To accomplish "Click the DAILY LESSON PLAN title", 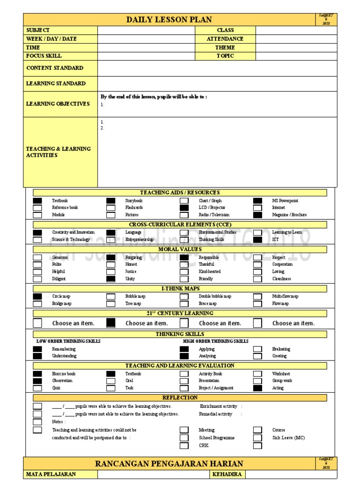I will coord(169,20).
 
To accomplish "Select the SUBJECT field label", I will coord(38,30).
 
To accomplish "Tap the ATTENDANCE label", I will coord(225,39).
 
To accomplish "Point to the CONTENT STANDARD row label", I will coord(55,68).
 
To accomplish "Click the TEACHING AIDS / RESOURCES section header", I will coord(180,193).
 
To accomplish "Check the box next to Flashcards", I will coord(111,208).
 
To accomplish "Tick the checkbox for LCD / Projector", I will coord(184,208).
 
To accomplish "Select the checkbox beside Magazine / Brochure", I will coord(258,215).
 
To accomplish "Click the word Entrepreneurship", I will coord(139,240).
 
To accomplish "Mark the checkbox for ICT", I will coord(258,240).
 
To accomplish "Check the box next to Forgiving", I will coord(111,257).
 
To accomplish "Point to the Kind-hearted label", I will coord(210,271).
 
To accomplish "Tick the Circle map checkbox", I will coord(37,296).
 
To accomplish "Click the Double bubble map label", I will coord(215,296).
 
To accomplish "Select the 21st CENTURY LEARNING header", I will coord(180,313).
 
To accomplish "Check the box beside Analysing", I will coord(184,356).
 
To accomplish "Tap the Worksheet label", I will coord(281,374).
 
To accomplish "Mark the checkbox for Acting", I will coord(258,388).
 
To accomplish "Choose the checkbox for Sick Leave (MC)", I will coord(258,438).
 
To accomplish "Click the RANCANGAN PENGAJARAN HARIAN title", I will coord(169,464).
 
